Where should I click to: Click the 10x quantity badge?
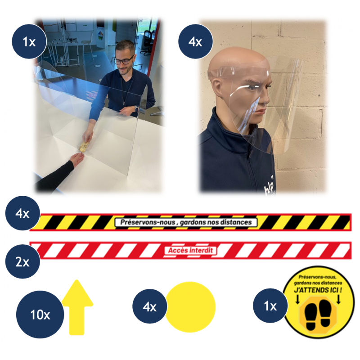pos(40,314)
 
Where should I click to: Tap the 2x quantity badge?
pos(22,261)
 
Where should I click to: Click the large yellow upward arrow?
pos(77,307)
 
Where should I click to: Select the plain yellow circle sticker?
pos(190,307)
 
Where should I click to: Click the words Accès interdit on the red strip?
pos(190,250)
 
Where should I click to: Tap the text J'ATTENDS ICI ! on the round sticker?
pos(318,290)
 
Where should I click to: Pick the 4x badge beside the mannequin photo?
pos(196,41)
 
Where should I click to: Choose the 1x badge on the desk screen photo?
pos(29,41)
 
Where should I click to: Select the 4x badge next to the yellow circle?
pos(150,306)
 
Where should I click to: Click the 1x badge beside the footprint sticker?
pos(270,306)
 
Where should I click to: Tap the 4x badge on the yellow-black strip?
pos(22,213)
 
